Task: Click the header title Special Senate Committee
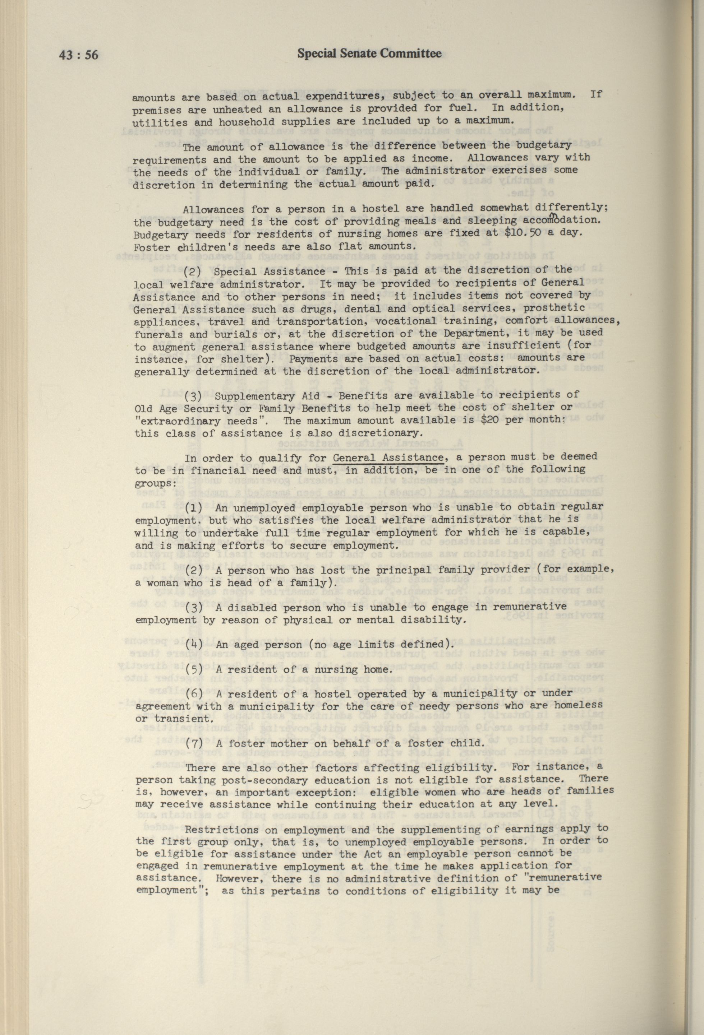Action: tap(369, 54)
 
